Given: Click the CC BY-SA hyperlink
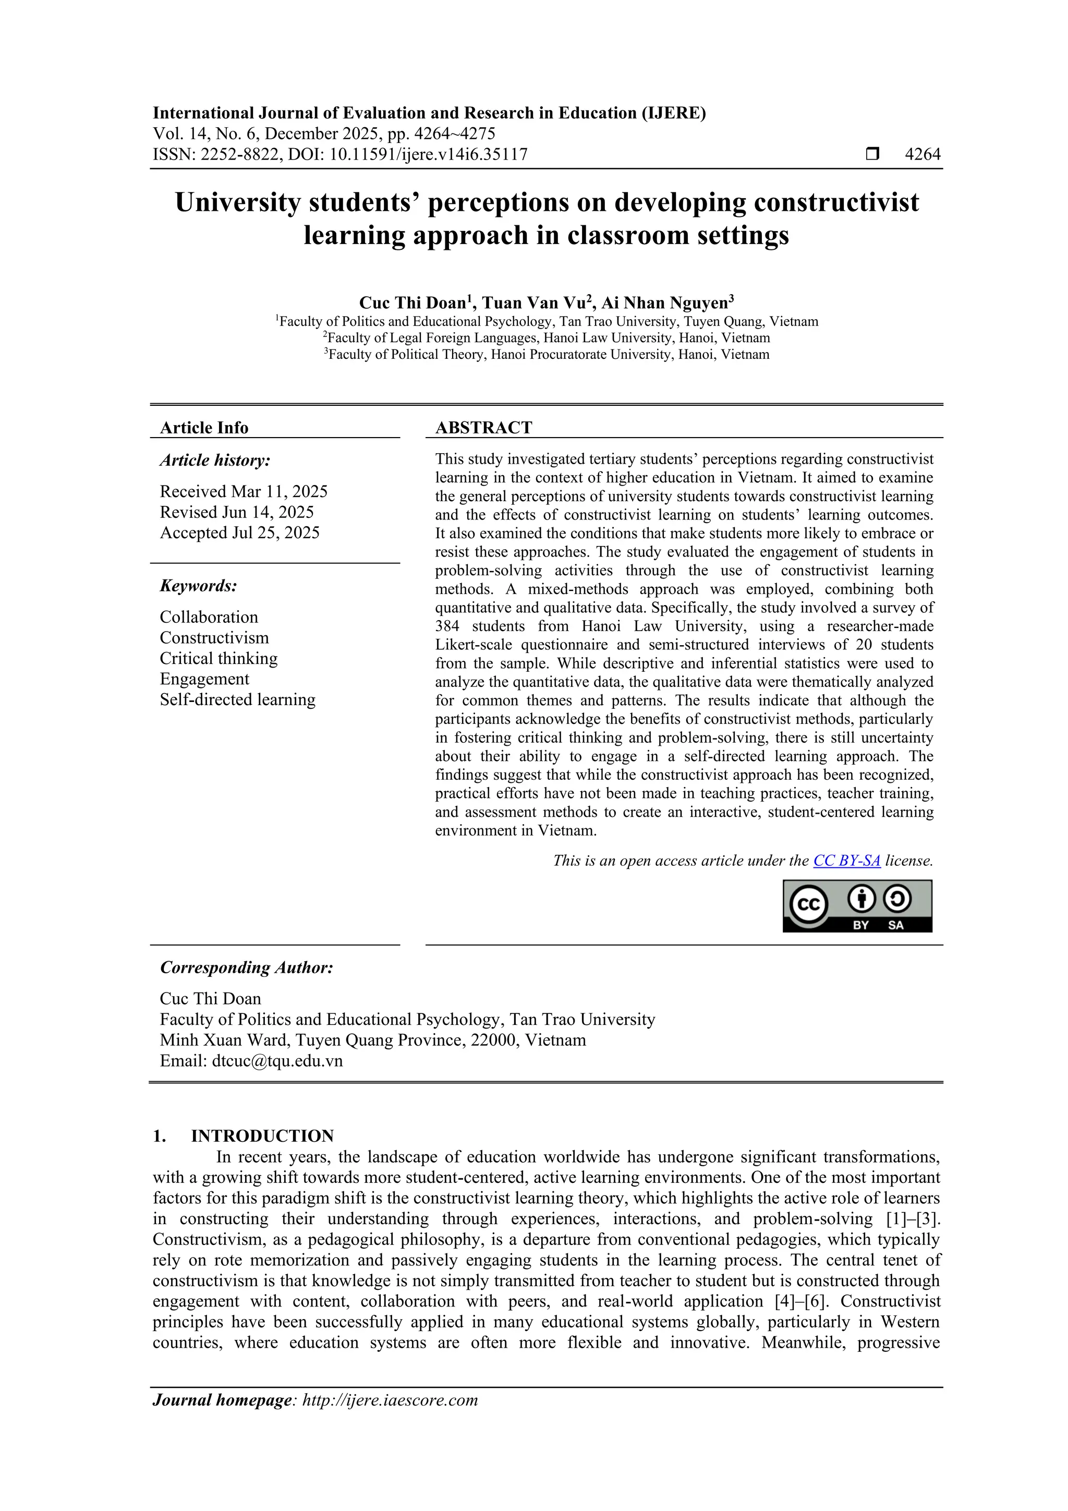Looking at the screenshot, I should tap(846, 861).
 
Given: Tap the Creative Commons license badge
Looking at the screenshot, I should tap(857, 906).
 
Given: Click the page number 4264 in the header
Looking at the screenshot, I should tap(923, 155).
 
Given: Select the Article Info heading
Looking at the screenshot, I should tap(204, 428).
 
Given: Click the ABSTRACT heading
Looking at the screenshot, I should tap(483, 428).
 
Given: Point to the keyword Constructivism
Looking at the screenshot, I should tap(214, 638).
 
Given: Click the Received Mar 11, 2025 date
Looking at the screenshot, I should tap(244, 492).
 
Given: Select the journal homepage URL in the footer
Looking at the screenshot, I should tap(390, 1400).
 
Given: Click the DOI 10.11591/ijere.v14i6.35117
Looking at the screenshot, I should tap(428, 155).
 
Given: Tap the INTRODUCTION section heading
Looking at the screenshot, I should tap(262, 1136).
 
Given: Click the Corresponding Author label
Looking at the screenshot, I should tap(246, 968).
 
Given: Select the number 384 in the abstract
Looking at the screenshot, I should tap(447, 626).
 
